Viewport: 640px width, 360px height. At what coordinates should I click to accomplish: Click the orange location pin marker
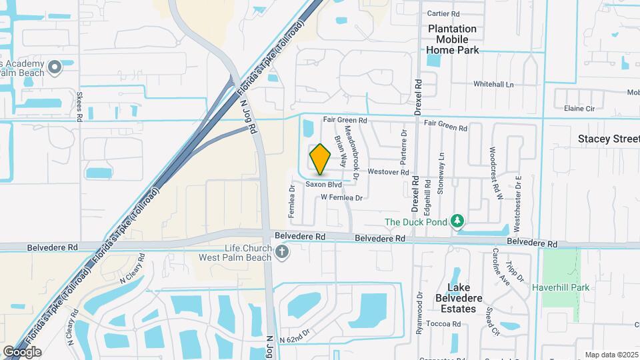(321, 159)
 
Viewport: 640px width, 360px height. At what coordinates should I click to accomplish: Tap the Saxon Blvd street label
(324, 184)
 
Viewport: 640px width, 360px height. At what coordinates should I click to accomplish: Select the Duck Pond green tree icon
(457, 220)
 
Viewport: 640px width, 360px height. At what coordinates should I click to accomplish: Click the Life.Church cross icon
(282, 252)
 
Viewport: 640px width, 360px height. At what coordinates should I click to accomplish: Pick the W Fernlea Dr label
(341, 197)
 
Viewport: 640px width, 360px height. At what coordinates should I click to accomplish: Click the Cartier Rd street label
(443, 13)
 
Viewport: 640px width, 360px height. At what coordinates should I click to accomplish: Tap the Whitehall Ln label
(493, 85)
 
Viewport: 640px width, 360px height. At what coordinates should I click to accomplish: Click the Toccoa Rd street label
(445, 324)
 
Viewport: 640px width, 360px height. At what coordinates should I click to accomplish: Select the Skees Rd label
(79, 106)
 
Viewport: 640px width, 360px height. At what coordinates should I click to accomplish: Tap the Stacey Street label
(608, 139)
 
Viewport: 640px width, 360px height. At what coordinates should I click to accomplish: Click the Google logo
(22, 351)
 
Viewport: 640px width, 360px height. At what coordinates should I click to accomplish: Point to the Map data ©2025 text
(611, 355)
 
